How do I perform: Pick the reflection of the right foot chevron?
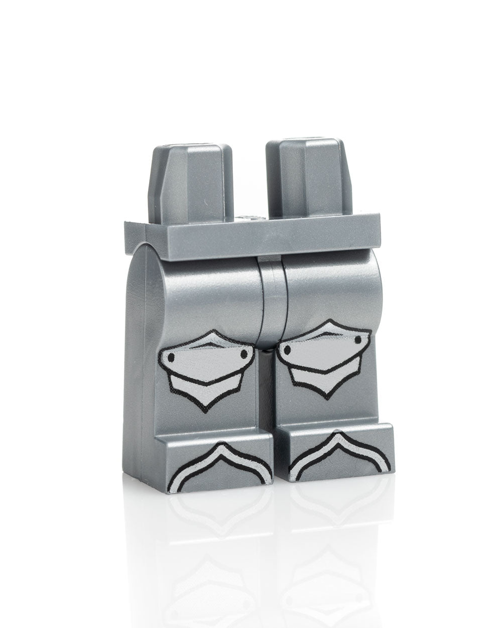pyautogui.click(x=334, y=502)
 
